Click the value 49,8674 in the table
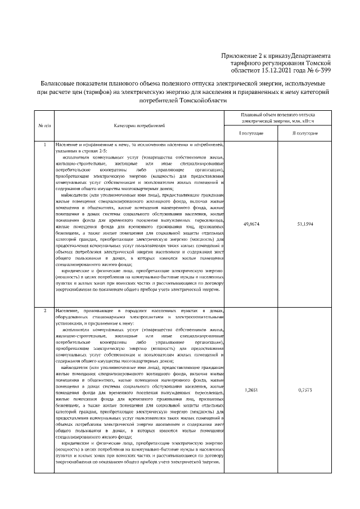(x=251, y=224)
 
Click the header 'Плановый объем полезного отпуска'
(x=277, y=114)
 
